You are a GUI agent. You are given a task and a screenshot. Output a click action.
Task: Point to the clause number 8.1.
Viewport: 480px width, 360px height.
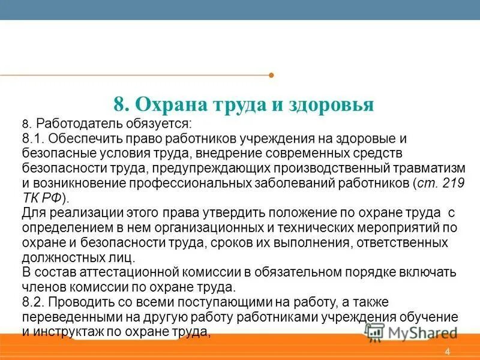coord(34,139)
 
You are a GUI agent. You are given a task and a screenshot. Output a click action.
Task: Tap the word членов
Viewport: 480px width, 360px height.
coord(43,287)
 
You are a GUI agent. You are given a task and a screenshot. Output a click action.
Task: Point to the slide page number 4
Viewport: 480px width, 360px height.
coord(448,352)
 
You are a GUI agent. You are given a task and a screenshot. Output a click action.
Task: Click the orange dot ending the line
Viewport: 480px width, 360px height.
coord(271,76)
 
